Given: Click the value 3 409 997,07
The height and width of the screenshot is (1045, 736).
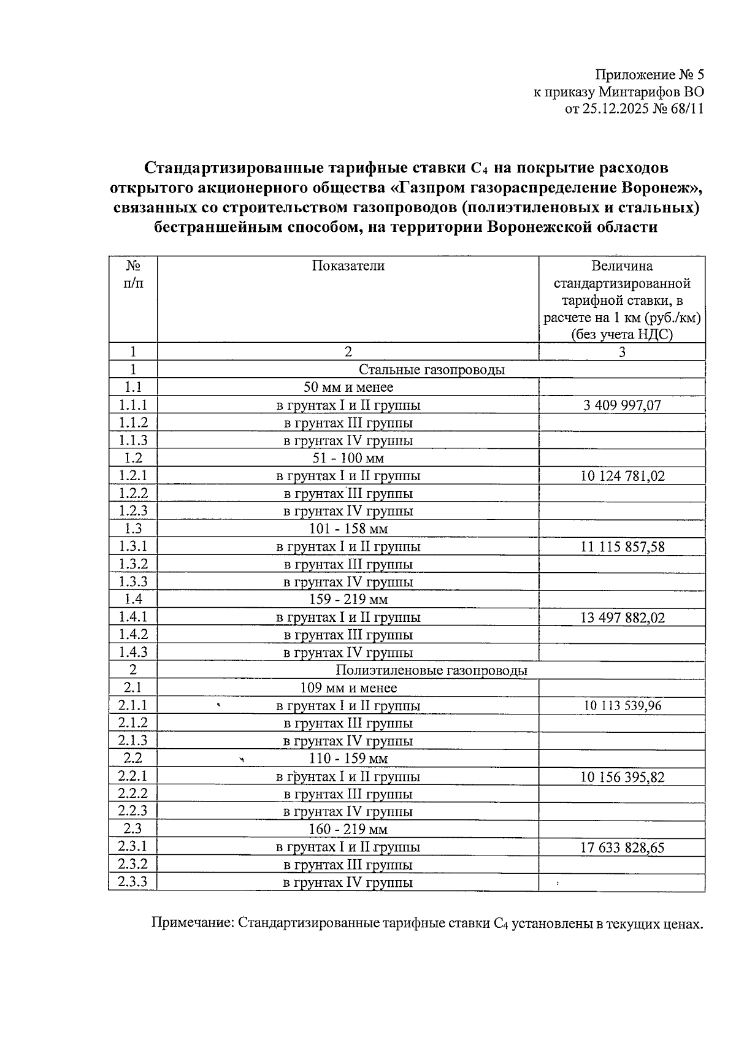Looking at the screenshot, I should click(x=622, y=405).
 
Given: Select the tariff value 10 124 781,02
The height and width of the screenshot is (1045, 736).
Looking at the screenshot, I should click(x=622, y=476).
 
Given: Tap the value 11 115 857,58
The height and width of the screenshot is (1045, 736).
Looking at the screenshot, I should click(x=622, y=546).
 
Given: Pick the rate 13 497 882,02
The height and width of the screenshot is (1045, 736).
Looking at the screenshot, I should click(x=622, y=618).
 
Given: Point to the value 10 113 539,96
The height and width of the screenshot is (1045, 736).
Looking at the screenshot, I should click(x=622, y=706).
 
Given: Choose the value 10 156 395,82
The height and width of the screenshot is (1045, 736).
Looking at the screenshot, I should click(x=622, y=777).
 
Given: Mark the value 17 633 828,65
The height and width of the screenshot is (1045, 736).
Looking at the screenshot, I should click(x=622, y=848).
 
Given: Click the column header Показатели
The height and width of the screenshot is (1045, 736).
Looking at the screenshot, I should click(x=348, y=266).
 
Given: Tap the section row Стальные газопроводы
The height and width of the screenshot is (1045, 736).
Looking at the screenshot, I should click(x=431, y=370).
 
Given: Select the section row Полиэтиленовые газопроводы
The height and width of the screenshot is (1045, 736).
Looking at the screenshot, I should click(x=431, y=670).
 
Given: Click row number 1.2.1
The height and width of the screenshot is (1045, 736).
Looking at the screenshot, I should click(x=132, y=476).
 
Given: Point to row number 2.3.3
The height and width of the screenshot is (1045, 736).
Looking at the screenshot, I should click(x=132, y=882).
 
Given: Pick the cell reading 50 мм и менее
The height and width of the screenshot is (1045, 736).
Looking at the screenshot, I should click(x=348, y=388).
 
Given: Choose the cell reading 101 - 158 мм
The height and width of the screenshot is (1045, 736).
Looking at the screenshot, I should click(x=348, y=529).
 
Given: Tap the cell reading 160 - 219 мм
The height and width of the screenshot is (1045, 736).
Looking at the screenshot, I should click(x=348, y=830).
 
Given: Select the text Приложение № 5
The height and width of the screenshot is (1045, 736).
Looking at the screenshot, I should click(x=649, y=75).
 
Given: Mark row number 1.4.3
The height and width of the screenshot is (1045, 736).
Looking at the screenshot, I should click(x=132, y=653).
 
